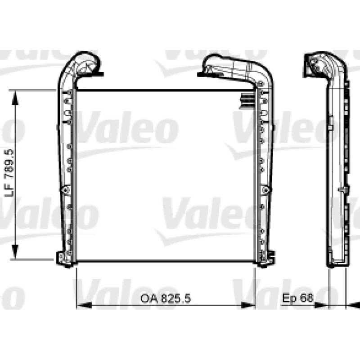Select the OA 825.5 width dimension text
tap(166, 299)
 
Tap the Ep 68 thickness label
tap(298, 298)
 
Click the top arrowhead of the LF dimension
tap(15, 98)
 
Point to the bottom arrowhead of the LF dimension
tap(15, 252)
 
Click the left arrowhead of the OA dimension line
tap(84, 306)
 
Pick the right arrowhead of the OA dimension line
tap(248, 306)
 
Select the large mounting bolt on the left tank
tap(66, 189)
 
